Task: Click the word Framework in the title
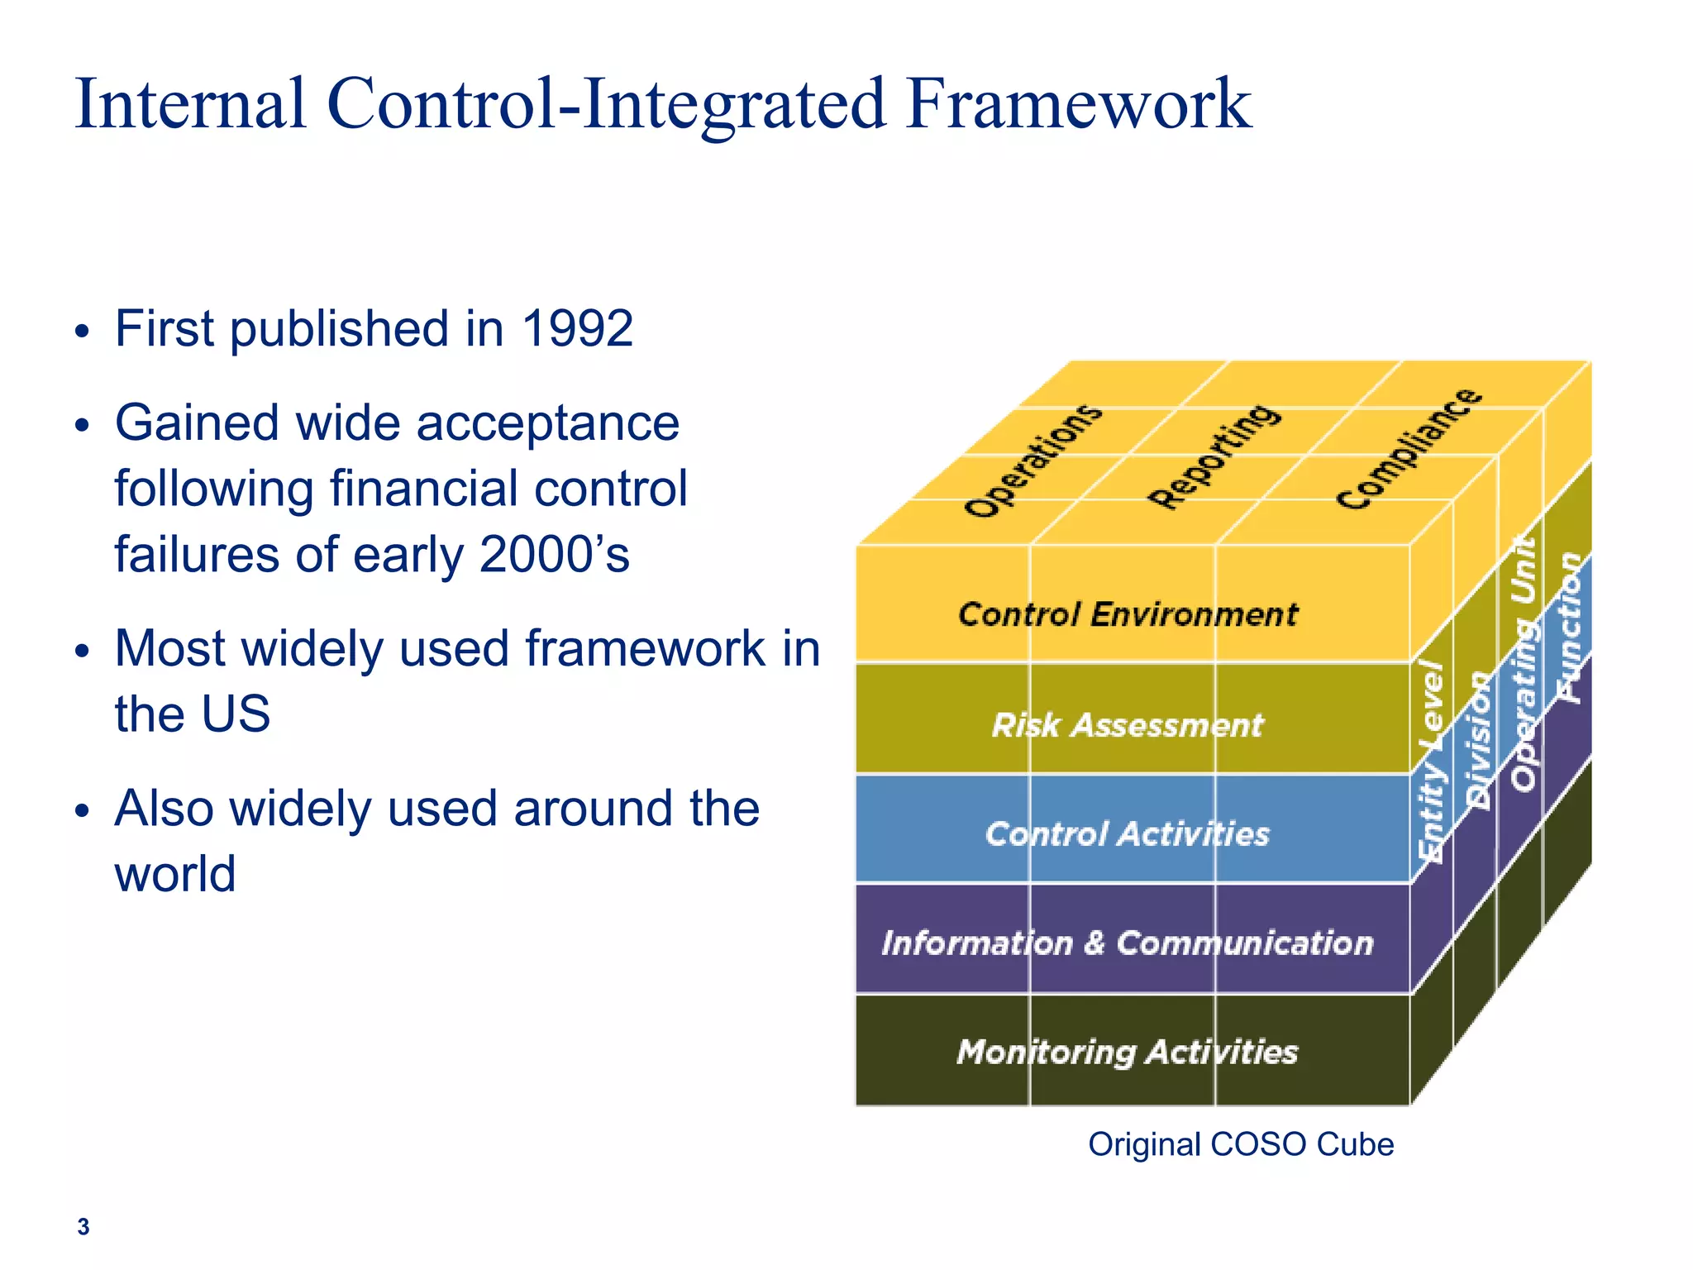1078,104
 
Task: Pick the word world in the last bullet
175,874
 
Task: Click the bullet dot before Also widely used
81,811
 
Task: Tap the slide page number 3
83,1227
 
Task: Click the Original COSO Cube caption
1240,1144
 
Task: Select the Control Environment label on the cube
1128,614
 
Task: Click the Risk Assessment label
1128,725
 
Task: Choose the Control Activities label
1128,833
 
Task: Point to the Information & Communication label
1128,943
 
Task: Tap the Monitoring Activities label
1128,1052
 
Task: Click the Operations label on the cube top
1033,461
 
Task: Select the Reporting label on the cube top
1215,456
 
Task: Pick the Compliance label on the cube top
1409,449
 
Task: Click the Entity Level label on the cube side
1432,761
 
